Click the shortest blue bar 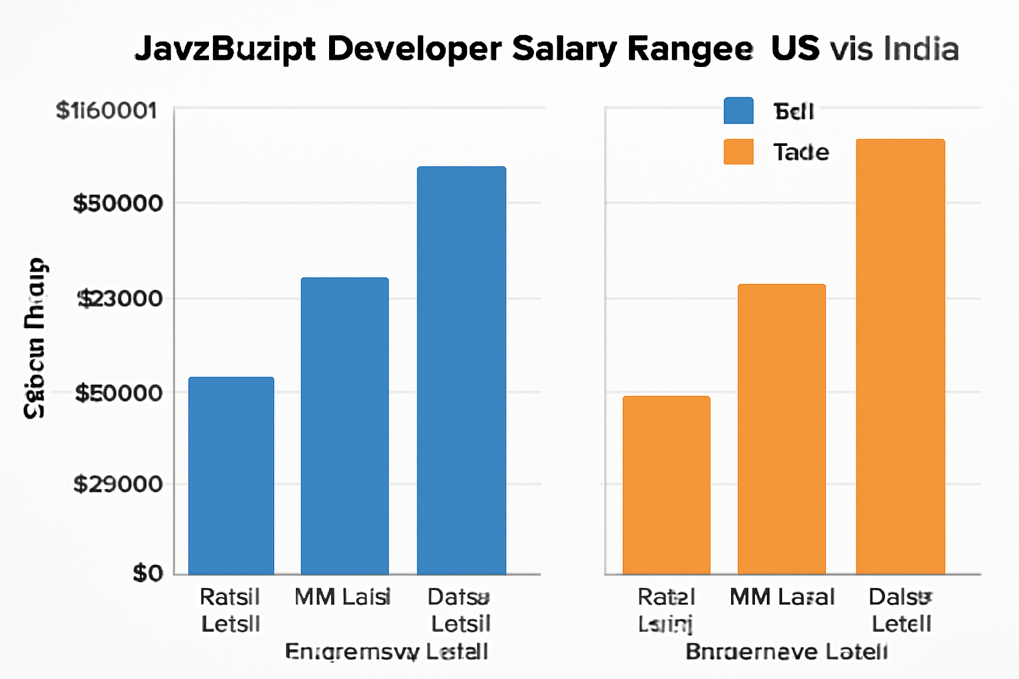tap(231, 475)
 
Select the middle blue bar tap(344, 426)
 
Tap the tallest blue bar tap(461, 370)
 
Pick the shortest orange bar tap(666, 485)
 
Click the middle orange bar tap(781, 429)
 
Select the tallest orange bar tap(900, 357)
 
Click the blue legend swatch tap(738, 111)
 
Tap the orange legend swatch tap(738, 152)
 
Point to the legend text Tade tap(801, 153)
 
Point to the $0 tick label tap(147, 573)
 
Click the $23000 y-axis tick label tap(120, 299)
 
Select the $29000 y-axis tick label tap(117, 484)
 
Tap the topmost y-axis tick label tap(106, 111)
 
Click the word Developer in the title tap(414, 49)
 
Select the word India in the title tap(921, 50)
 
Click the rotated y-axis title tap(34, 338)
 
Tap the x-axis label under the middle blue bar tap(342, 597)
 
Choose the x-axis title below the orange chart tap(786, 652)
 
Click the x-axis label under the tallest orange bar tap(901, 610)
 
